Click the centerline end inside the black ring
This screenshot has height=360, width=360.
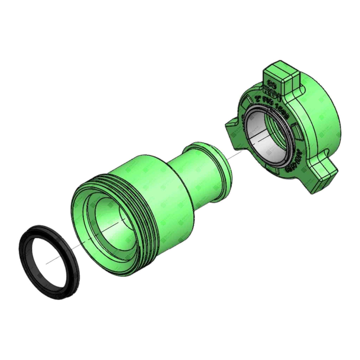[x=47, y=262]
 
